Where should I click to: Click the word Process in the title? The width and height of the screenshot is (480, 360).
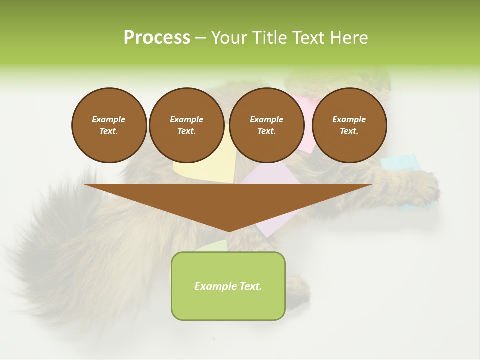157,38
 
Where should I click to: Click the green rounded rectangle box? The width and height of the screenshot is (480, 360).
228,305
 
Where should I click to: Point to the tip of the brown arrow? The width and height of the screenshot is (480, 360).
229,230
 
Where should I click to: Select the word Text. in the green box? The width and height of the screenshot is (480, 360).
249,286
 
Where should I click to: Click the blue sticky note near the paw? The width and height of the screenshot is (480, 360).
400,162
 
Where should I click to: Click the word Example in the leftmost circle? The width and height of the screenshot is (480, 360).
108,119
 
